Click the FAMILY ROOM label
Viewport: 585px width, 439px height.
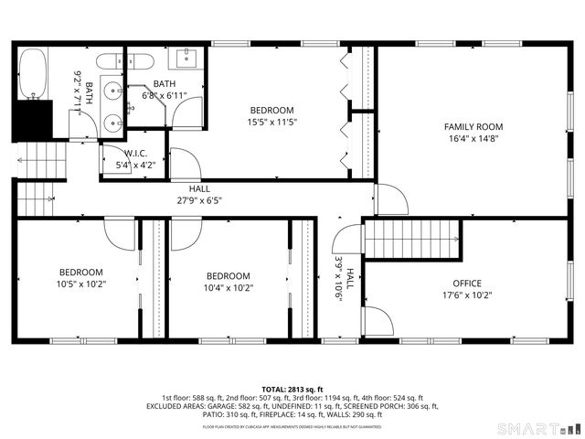[x=473, y=127]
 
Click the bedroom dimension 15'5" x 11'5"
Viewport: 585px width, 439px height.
[x=272, y=122]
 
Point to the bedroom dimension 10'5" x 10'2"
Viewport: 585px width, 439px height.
[x=81, y=284]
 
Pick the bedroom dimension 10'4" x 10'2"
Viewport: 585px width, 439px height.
[x=228, y=288]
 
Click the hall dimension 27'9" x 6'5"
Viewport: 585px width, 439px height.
[x=198, y=199]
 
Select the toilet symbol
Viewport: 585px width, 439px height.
[x=109, y=62]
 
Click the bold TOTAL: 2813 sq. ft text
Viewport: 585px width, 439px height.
[x=292, y=389]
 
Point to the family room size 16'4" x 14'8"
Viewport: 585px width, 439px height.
[x=473, y=140]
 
